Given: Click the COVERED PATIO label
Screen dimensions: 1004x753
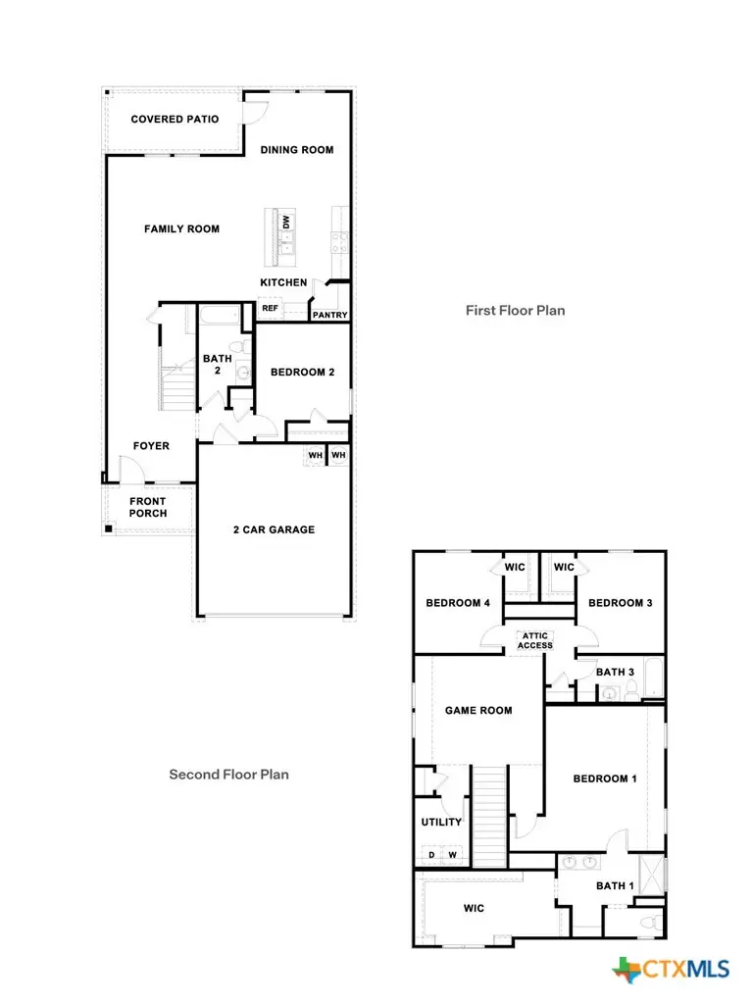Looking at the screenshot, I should click(x=176, y=120).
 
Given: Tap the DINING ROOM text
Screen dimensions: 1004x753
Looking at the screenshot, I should click(x=296, y=150).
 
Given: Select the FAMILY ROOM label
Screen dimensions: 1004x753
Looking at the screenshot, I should click(x=181, y=229).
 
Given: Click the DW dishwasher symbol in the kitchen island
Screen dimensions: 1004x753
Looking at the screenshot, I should click(x=286, y=224).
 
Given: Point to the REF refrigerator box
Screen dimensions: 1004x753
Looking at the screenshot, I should click(x=270, y=309).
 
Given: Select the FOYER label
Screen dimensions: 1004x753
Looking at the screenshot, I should click(x=151, y=446).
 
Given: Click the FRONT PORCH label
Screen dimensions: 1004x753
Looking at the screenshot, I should click(x=148, y=508).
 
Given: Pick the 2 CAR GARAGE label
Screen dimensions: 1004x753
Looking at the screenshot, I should click(x=274, y=530).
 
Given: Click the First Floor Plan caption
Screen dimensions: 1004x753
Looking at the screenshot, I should click(x=515, y=311).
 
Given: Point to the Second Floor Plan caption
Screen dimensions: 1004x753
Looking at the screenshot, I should click(x=228, y=775).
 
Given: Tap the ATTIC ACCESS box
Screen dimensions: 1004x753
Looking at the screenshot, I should click(x=535, y=640).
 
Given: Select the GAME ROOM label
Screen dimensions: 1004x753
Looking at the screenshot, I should click(x=478, y=711).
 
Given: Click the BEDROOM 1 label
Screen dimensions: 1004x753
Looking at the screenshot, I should click(x=605, y=779).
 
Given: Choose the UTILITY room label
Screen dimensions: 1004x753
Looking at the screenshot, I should click(x=441, y=823).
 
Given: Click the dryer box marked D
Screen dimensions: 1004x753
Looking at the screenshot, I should click(x=431, y=855).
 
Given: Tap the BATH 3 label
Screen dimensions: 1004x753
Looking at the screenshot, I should click(x=616, y=672).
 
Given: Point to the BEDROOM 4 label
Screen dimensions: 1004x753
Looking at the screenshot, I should click(x=458, y=604).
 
